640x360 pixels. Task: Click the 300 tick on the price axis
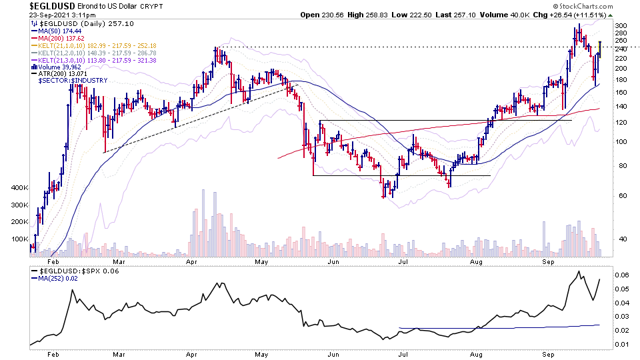pyautogui.click(x=621, y=26)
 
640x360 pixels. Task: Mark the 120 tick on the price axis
pyautogui.click(x=621, y=123)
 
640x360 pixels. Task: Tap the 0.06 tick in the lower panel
pyautogui.click(x=622, y=275)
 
